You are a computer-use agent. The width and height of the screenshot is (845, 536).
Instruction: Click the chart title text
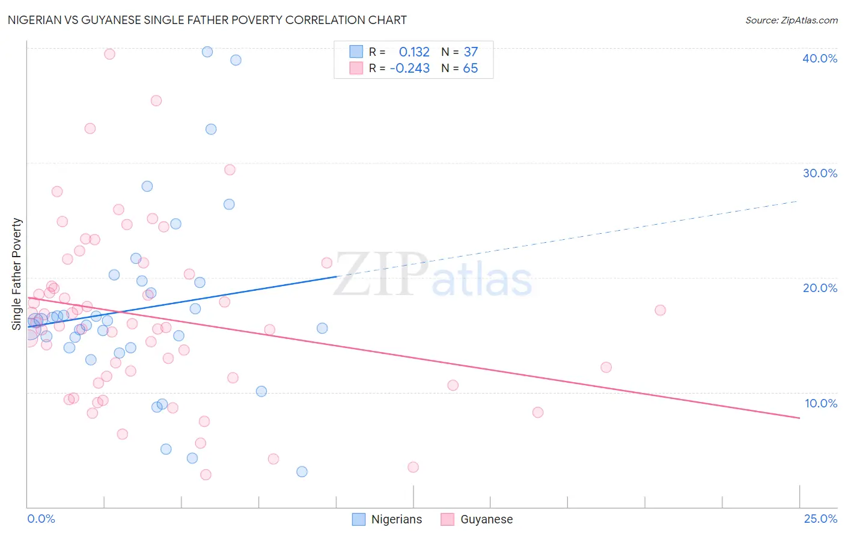(x=207, y=20)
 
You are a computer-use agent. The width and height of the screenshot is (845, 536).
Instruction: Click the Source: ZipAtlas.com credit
(x=791, y=20)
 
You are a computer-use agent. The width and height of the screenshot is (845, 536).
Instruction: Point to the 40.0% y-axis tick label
(x=820, y=58)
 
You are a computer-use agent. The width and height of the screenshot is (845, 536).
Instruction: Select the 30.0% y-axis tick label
(x=820, y=173)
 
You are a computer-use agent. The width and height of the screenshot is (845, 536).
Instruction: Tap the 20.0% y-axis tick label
(x=820, y=288)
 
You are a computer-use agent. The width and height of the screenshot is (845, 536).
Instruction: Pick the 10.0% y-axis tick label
(x=821, y=403)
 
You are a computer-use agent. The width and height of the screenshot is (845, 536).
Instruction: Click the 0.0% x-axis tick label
(x=41, y=519)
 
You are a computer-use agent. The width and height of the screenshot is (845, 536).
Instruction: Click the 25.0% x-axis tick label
(x=820, y=519)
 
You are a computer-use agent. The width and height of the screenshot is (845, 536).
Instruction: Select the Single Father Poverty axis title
(x=17, y=274)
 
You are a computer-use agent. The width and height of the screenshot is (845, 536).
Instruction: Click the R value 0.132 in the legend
(x=414, y=52)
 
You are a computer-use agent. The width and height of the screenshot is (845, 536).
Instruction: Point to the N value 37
(x=471, y=52)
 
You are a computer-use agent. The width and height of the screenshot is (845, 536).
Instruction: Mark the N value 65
(x=471, y=69)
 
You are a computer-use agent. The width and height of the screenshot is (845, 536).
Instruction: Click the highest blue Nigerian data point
(x=207, y=52)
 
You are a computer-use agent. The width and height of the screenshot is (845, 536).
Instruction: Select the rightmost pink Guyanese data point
(x=660, y=310)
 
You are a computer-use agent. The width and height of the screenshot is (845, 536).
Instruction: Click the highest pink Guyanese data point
(x=109, y=54)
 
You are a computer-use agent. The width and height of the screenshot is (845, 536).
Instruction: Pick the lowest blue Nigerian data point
(x=302, y=472)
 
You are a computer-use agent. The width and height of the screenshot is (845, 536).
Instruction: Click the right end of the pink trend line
(x=799, y=418)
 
